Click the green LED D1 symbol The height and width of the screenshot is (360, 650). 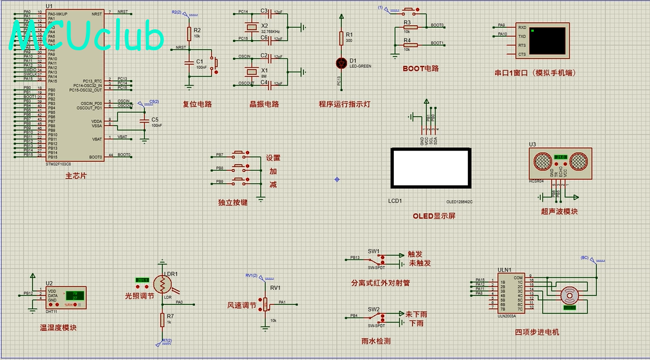pyautogui.click(x=342, y=63)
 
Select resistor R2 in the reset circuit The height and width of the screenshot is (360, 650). pyautogui.click(x=188, y=34)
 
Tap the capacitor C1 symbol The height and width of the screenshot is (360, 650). pyautogui.click(x=188, y=62)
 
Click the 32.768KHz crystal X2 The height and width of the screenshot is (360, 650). pyautogui.click(x=250, y=27)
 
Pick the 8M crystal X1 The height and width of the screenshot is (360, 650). pyautogui.click(x=250, y=70)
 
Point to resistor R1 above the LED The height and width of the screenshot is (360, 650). pyautogui.click(x=342, y=37)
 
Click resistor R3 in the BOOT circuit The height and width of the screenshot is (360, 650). pyautogui.click(x=407, y=27)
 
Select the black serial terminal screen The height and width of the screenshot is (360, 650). pyautogui.click(x=547, y=40)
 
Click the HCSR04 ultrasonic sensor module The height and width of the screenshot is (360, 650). pyautogui.click(x=560, y=159)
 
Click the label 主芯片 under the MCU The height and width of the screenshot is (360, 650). pyautogui.click(x=76, y=175)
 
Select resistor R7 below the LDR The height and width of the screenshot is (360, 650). pyautogui.click(x=161, y=319)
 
